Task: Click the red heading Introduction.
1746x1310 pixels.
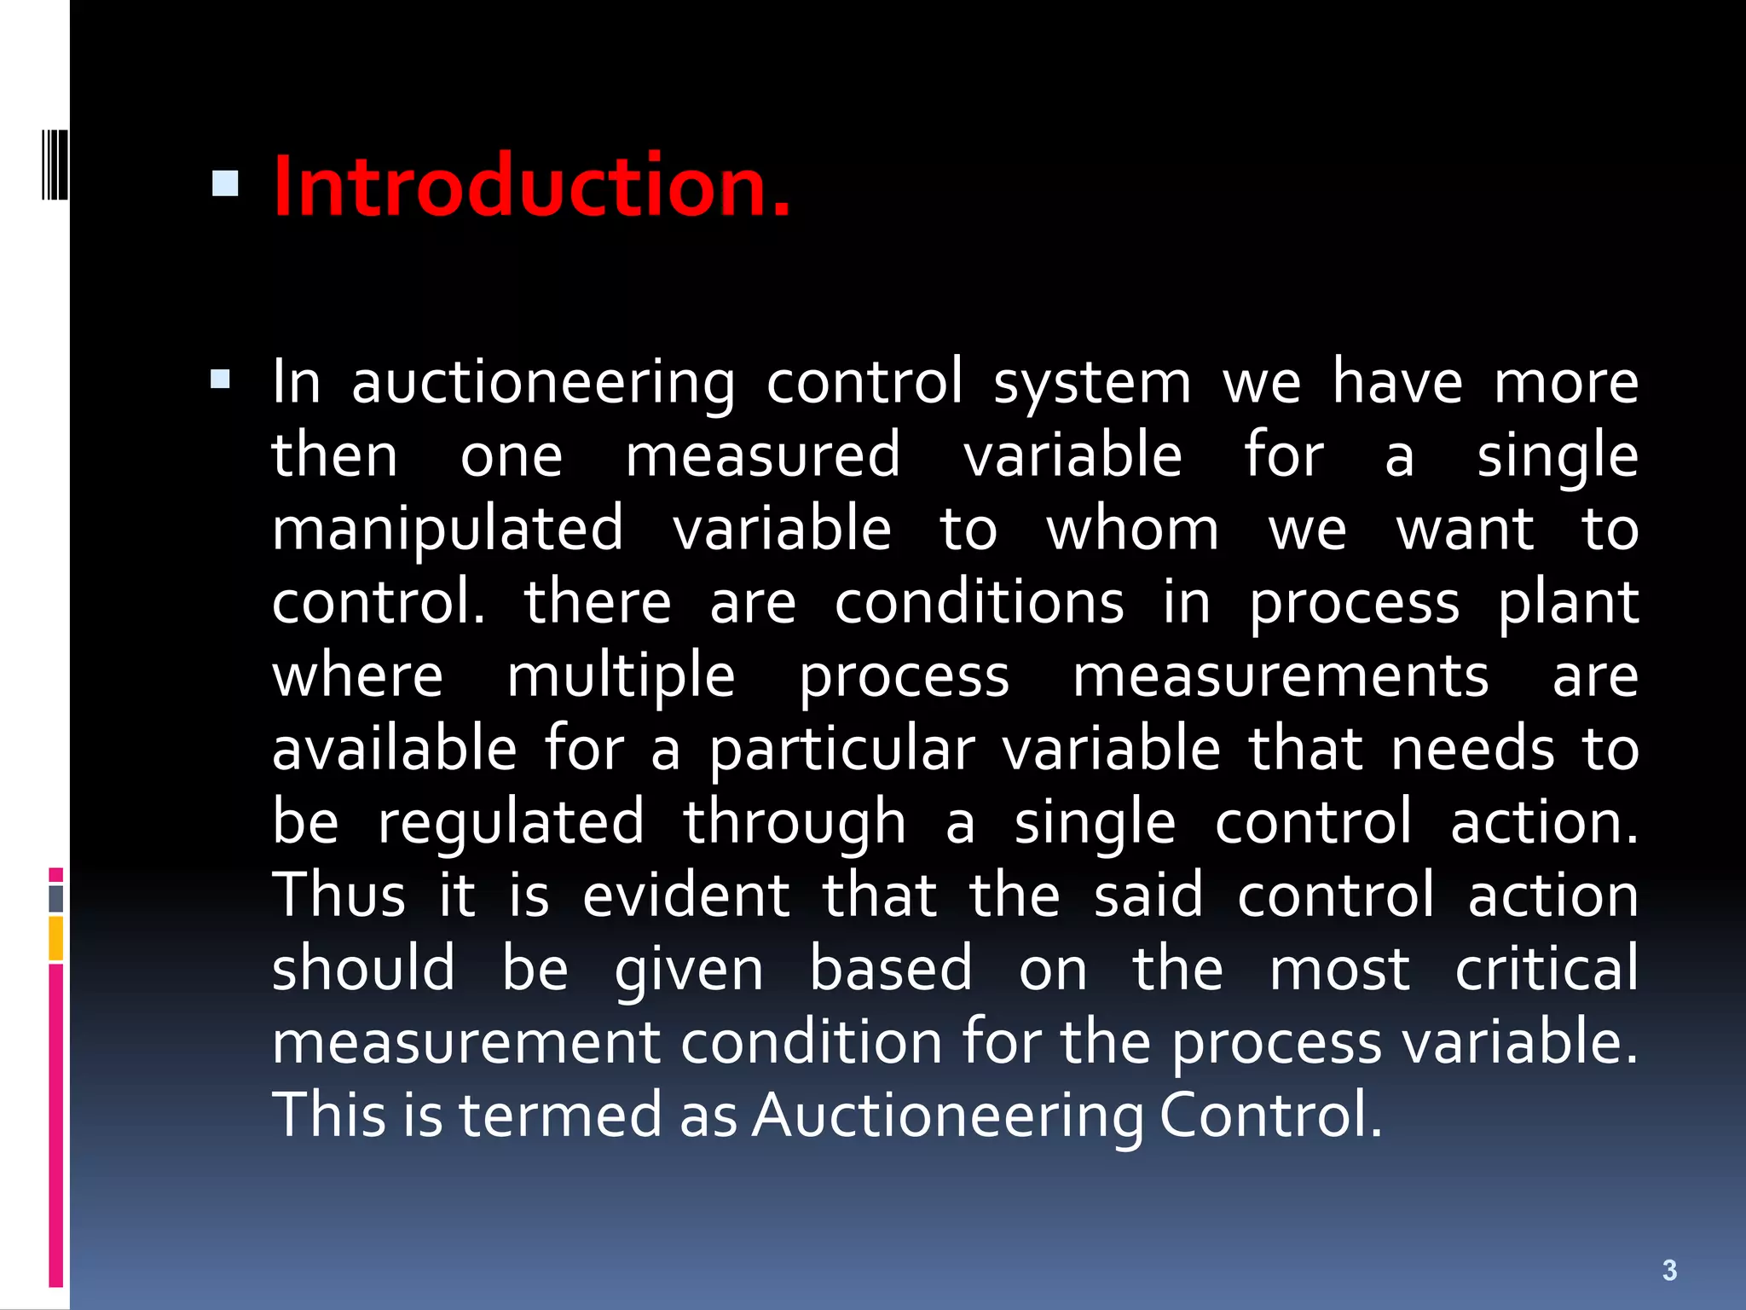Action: pos(532,186)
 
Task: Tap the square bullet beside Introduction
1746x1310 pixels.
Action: pos(225,183)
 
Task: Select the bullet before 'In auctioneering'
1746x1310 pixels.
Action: pos(221,379)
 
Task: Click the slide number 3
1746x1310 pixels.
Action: pos(1669,1270)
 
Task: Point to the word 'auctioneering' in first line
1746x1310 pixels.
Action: pos(543,384)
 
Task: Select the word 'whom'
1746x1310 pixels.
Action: pos(1132,530)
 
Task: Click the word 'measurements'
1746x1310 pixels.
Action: pos(1280,676)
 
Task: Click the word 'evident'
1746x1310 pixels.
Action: pos(686,896)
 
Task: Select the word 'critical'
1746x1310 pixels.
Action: pos(1546,970)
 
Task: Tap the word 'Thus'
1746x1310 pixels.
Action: pos(338,896)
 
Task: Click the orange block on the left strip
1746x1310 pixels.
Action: pos(56,938)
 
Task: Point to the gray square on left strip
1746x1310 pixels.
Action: pos(56,899)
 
